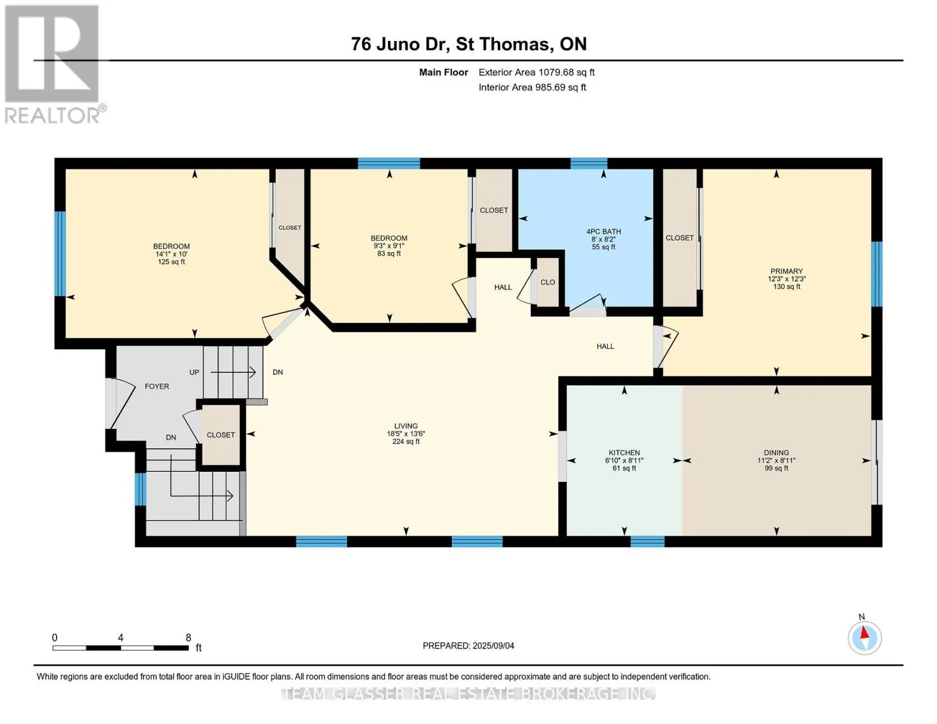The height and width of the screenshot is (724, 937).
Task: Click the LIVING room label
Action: click(406, 425)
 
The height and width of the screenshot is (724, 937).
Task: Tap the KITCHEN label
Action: click(624, 453)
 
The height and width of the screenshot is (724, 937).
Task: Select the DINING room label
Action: click(776, 453)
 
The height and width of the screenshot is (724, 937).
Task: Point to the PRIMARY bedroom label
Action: click(787, 271)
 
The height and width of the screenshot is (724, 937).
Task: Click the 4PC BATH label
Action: click(603, 231)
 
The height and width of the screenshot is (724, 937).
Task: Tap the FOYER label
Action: click(156, 386)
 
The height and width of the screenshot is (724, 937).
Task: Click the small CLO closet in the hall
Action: click(548, 282)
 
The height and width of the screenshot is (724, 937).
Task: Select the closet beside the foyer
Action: click(221, 434)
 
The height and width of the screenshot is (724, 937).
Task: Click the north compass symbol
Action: click(864, 638)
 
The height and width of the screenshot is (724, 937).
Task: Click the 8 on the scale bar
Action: click(188, 637)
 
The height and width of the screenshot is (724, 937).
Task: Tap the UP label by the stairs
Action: click(194, 372)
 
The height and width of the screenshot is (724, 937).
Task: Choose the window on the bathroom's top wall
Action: click(589, 164)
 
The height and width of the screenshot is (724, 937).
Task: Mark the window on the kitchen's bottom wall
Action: click(647, 542)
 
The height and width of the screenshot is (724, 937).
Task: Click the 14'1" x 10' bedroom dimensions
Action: click(171, 254)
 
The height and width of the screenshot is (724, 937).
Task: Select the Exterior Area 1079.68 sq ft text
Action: click(536, 72)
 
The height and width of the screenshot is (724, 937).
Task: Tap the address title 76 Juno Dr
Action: click(400, 44)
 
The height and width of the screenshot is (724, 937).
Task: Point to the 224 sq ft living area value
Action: click(406, 441)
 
